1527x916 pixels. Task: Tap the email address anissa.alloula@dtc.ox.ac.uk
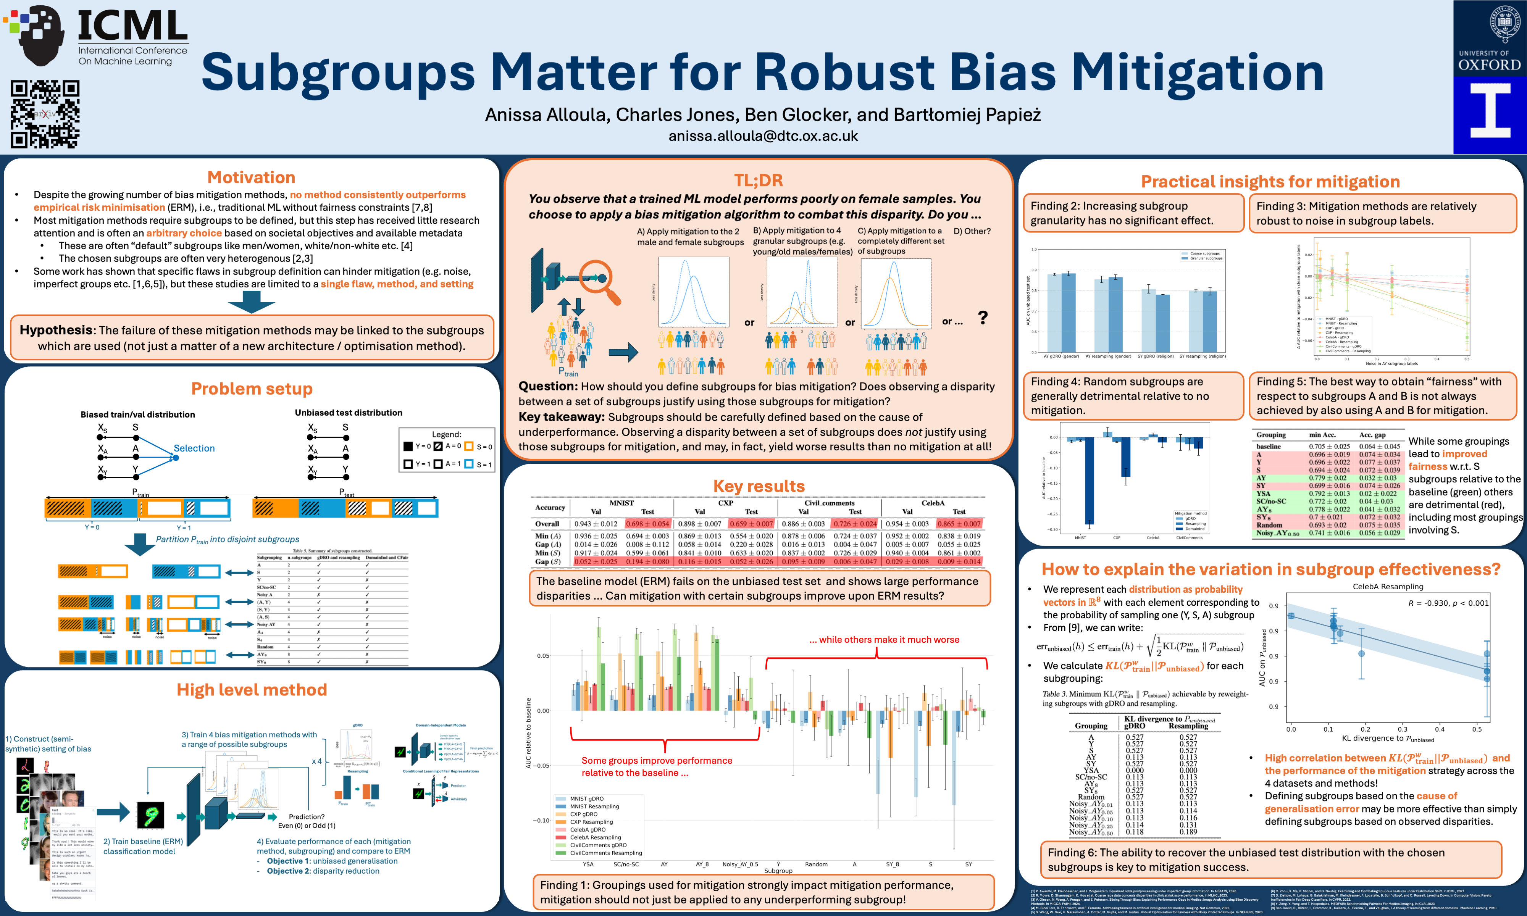(763, 136)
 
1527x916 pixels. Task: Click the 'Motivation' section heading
(251, 178)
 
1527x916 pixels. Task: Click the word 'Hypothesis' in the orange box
(56, 330)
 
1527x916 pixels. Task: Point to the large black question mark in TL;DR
(983, 318)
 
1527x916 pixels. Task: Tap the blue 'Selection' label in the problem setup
(194, 448)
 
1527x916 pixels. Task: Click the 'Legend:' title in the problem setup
(446, 434)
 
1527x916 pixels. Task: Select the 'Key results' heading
(759, 486)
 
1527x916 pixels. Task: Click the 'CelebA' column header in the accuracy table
(933, 503)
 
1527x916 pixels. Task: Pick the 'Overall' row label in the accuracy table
(547, 523)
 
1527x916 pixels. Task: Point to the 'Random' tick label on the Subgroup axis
(816, 864)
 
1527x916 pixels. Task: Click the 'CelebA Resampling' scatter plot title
(1388, 586)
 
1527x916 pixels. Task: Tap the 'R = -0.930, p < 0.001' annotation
(1448, 603)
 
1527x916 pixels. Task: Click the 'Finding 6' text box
(1272, 859)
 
